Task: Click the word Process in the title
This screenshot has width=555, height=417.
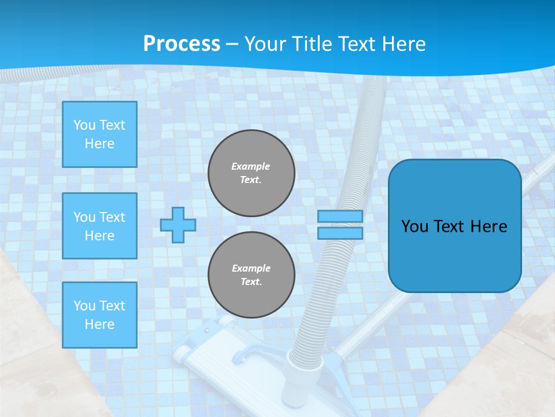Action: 182,44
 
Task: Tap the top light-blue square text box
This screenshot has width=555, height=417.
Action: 99,134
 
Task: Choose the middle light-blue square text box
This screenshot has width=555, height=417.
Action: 99,226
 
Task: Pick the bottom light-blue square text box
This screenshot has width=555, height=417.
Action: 99,315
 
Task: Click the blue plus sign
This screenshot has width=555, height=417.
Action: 177,225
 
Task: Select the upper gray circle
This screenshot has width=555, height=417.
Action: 251,173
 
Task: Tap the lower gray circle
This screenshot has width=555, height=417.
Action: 251,275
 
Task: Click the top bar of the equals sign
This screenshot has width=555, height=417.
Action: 340,217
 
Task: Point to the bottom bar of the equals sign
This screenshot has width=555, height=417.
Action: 340,233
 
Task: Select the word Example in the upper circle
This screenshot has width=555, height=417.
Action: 251,166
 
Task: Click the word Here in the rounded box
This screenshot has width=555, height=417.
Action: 489,226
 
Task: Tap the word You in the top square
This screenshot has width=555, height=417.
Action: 84,125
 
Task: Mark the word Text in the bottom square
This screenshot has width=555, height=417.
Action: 112,306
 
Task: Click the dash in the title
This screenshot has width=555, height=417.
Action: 232,44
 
